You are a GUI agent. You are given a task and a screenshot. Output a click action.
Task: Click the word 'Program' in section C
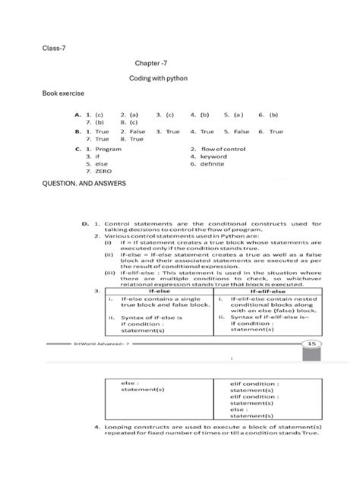[108, 150]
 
